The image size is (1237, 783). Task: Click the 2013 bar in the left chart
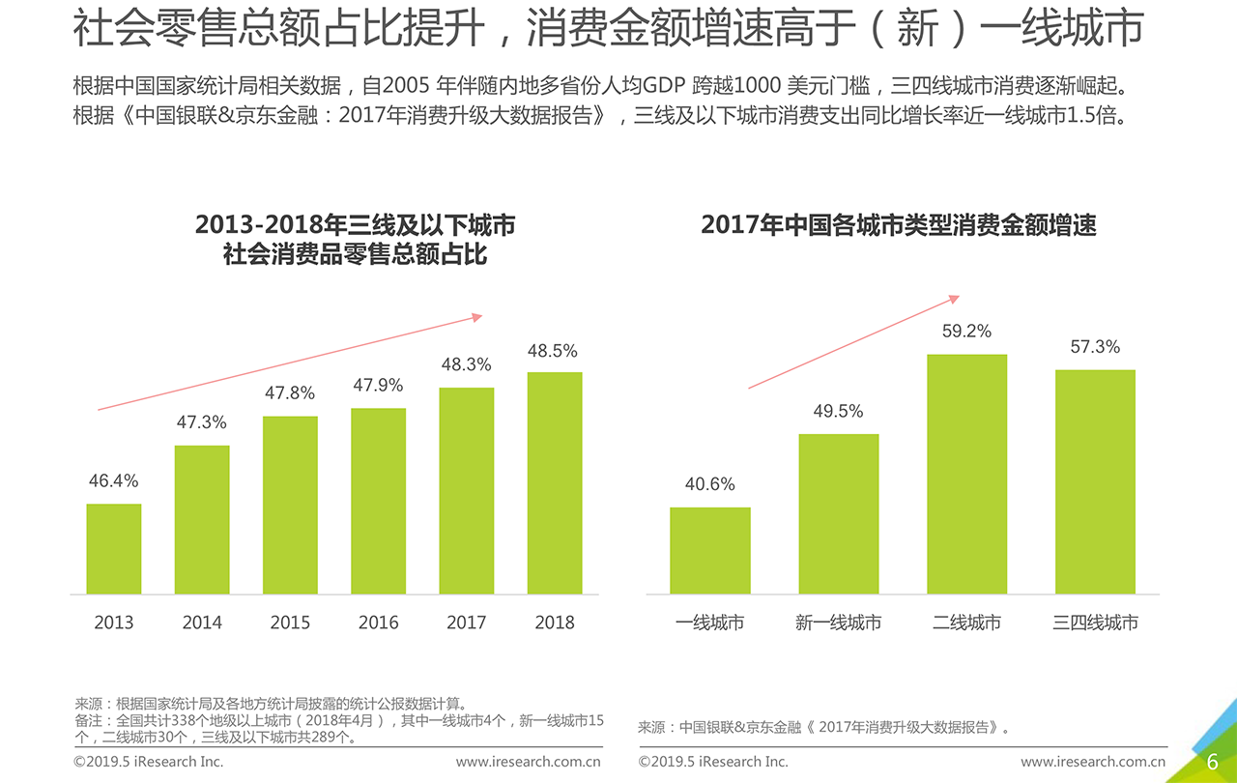[114, 548]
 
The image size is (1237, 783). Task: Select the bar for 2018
[555, 482]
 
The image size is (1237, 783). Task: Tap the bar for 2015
[290, 505]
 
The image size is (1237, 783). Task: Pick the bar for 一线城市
[710, 550]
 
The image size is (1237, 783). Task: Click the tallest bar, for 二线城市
[966, 474]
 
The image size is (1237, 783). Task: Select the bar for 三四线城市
[1095, 481]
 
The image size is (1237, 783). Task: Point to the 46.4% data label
[114, 481]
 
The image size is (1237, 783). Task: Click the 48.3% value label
[466, 365]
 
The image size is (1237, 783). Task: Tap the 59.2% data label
[966, 332]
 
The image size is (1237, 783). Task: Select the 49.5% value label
[838, 412]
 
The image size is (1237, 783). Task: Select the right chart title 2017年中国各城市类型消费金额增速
[899, 226]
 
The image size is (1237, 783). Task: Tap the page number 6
[1212, 762]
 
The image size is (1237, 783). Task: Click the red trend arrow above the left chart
[290, 362]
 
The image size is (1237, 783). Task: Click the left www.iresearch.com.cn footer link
[529, 762]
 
